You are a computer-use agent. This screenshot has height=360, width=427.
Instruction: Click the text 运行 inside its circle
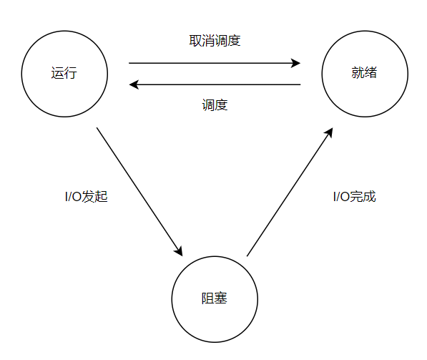[x=64, y=73]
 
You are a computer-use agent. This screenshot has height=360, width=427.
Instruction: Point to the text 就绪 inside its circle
[x=364, y=73]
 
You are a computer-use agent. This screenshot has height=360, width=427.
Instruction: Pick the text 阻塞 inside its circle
[x=215, y=298]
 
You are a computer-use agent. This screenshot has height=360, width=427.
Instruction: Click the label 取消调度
[x=215, y=41]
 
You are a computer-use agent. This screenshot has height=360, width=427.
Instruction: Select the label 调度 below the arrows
[x=215, y=105]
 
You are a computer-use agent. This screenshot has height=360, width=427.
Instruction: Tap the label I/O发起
[x=87, y=197]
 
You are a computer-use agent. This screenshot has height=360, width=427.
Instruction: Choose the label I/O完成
[x=355, y=197]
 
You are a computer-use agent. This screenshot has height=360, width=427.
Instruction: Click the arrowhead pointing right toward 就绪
[x=295, y=63]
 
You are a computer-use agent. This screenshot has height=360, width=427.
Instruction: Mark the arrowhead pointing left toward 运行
[x=134, y=84]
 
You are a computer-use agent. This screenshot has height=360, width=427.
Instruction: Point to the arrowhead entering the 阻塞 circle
[x=178, y=250]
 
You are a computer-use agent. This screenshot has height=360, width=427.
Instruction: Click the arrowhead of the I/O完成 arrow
[x=328, y=133]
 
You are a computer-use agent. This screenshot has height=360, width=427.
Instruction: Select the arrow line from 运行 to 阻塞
[x=139, y=192]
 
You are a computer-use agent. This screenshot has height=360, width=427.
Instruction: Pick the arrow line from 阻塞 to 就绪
[x=290, y=192]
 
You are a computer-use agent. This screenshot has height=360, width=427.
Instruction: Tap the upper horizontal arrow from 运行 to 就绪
[x=215, y=63]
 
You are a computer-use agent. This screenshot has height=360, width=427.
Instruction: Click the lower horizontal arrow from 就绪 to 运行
[x=215, y=84]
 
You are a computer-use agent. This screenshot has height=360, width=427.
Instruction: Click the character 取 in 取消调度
[x=195, y=41]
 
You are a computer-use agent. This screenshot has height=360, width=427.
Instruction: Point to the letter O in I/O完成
[x=345, y=197]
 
